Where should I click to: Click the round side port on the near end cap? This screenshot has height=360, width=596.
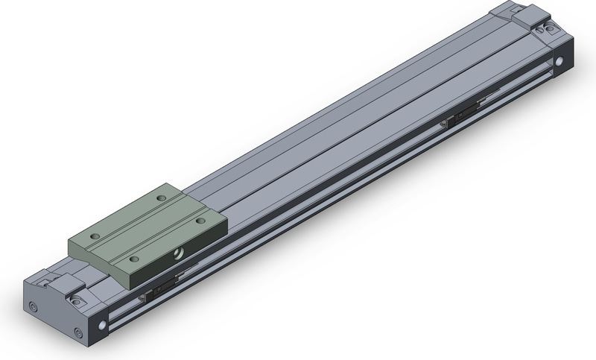(x=101, y=325)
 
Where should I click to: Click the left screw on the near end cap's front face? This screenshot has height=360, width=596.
(x=33, y=306)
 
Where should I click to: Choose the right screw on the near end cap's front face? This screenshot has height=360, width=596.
(x=77, y=333)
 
